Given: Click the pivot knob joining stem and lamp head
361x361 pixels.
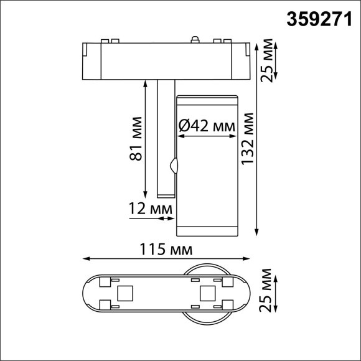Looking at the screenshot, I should tap(174, 166).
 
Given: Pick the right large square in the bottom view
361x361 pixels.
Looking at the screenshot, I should tap(205, 293).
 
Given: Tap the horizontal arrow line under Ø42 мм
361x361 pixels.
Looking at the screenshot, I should tap(208, 135).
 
